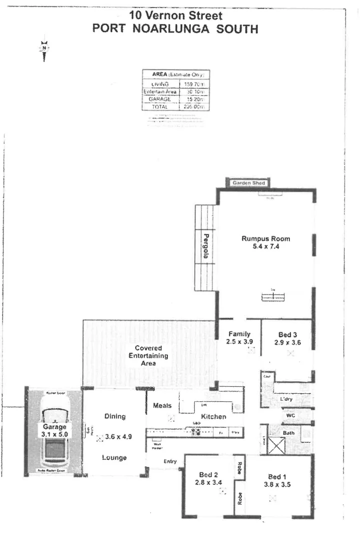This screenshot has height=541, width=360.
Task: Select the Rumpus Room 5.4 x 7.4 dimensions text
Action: coord(266,247)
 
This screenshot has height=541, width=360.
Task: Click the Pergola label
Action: coord(205,245)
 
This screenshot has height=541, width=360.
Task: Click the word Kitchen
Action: coord(214,416)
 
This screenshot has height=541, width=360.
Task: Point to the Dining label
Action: coord(114,416)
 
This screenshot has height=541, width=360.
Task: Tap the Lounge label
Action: coord(114,457)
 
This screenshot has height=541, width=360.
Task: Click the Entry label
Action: coord(171,461)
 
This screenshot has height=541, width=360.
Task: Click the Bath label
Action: coord(288,432)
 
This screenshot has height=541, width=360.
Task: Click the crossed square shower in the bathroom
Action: coord(276,445)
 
